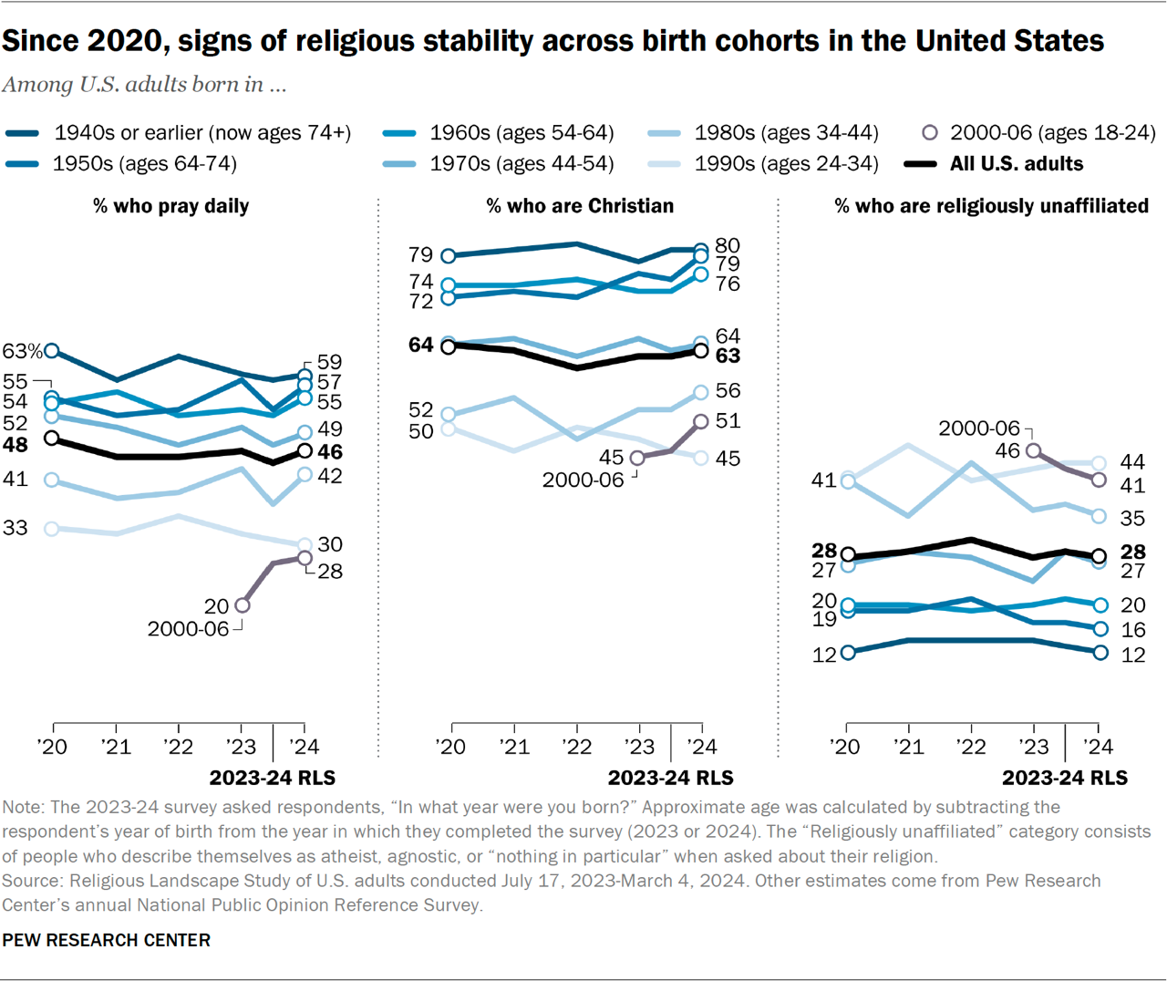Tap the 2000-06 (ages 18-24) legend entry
click(x=1039, y=133)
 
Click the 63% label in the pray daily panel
click(x=22, y=351)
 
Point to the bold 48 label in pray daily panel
click(x=15, y=445)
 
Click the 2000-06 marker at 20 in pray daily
click(x=242, y=604)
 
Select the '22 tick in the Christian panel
click(x=577, y=747)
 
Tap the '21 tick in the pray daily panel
click(x=116, y=747)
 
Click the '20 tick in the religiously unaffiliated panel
click(x=847, y=747)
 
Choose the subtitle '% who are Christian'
click(x=580, y=206)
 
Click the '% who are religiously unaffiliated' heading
click(x=991, y=206)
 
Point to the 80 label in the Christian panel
click(x=728, y=245)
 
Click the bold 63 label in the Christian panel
click(x=728, y=356)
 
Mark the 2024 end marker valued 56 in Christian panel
click(x=701, y=392)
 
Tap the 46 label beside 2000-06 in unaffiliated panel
click(x=1007, y=450)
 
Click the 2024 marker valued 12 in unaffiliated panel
click(x=1100, y=653)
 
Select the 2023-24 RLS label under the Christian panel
click(x=670, y=778)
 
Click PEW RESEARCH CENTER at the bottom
click(x=106, y=940)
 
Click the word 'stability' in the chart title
click(x=500, y=41)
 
